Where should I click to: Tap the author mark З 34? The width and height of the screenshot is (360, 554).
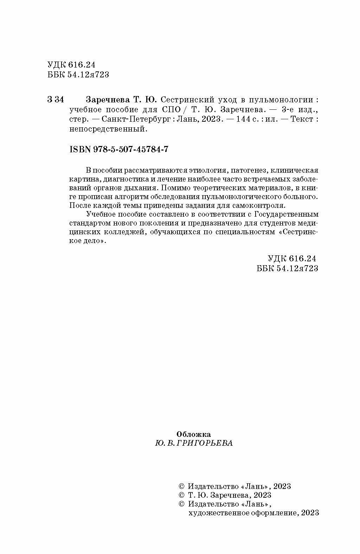coord(55,100)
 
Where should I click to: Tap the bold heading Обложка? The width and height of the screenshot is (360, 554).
coord(193,434)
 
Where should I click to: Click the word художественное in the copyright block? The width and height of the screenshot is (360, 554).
coord(214,513)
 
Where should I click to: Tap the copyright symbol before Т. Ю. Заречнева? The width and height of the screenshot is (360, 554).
coord(182,495)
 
